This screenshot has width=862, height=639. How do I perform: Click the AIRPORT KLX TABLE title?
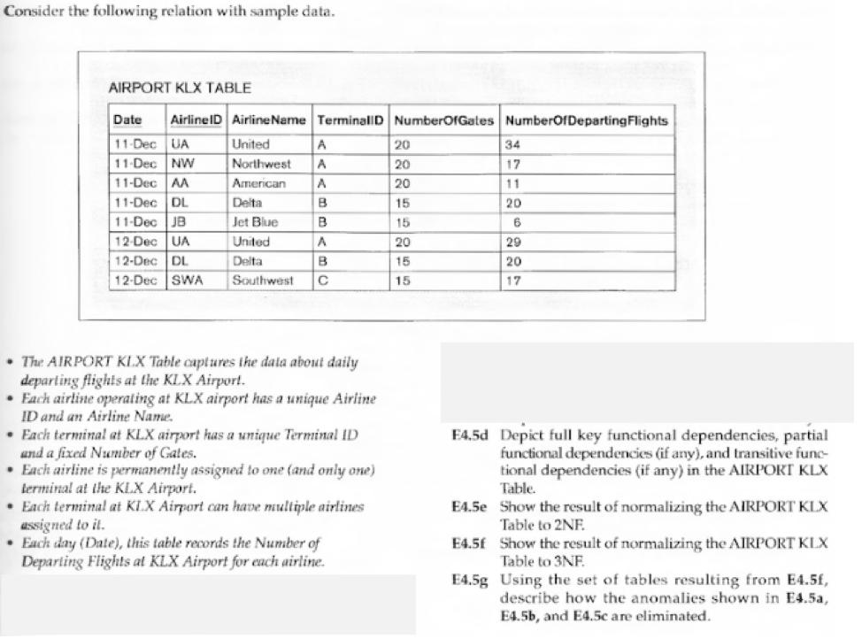[180, 88]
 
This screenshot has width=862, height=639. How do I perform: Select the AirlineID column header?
[196, 120]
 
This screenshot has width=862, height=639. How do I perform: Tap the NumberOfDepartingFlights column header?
[586, 120]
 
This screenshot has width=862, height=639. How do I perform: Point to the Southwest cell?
[262, 281]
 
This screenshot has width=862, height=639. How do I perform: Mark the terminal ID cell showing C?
[323, 281]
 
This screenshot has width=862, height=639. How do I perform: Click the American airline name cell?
[258, 183]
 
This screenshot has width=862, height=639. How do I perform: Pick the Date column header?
[128, 120]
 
